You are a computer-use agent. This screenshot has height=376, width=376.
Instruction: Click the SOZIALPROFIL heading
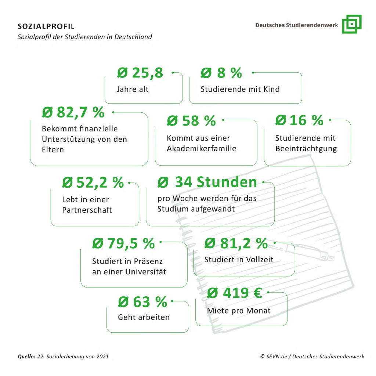[x=46, y=27]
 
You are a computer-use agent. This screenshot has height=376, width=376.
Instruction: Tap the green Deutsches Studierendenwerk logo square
[x=351, y=24]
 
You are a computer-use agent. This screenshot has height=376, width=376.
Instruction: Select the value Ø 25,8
[x=140, y=73]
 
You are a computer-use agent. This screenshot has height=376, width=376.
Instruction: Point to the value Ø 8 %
[x=221, y=73]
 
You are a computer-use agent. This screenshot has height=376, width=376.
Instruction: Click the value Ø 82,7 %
[x=73, y=112]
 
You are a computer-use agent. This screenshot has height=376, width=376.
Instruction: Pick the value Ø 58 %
[x=191, y=120]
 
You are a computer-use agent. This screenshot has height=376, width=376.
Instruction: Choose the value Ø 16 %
[x=299, y=120]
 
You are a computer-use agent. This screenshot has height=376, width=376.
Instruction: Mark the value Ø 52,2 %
[x=93, y=182]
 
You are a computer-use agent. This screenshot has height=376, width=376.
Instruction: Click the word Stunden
[x=227, y=182]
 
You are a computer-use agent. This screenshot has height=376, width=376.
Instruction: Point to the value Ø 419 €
[x=234, y=293]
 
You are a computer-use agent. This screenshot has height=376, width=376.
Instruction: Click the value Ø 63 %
[x=142, y=302]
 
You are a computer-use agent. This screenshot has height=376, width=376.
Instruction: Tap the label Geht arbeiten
[x=144, y=317]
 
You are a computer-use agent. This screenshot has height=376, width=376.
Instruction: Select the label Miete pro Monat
[x=239, y=311]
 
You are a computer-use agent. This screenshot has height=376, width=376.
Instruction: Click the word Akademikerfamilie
[x=202, y=149]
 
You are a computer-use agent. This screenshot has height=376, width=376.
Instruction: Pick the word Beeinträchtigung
[x=305, y=149]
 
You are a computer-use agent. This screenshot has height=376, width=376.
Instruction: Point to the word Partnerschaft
[x=87, y=210]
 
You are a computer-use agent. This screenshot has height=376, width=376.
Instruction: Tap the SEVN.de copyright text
[x=312, y=357]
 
